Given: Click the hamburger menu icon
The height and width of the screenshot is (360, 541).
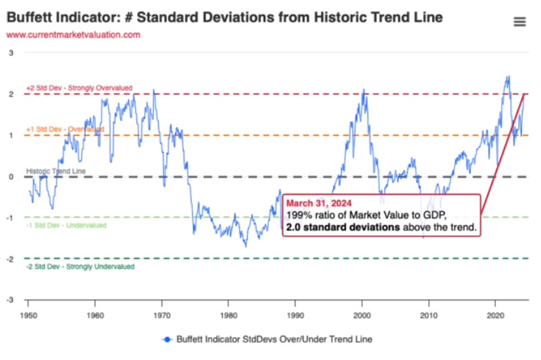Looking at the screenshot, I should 519,22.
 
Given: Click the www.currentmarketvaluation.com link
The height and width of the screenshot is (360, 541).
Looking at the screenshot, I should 74,34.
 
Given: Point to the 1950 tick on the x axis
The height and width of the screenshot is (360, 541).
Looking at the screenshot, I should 28,315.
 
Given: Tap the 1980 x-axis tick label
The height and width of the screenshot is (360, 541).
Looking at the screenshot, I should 228,315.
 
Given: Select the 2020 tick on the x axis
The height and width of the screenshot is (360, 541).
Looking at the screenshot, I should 496,315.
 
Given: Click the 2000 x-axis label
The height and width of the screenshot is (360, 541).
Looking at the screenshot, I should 362,315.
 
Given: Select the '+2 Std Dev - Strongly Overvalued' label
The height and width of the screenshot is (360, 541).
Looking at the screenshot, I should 79,88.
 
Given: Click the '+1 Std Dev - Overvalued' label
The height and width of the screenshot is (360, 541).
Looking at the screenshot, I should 65,129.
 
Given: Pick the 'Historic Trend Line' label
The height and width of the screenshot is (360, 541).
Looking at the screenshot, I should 55,172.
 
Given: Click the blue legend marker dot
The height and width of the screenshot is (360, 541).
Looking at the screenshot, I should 165,338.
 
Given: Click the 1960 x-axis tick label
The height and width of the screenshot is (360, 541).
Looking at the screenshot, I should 95,315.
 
